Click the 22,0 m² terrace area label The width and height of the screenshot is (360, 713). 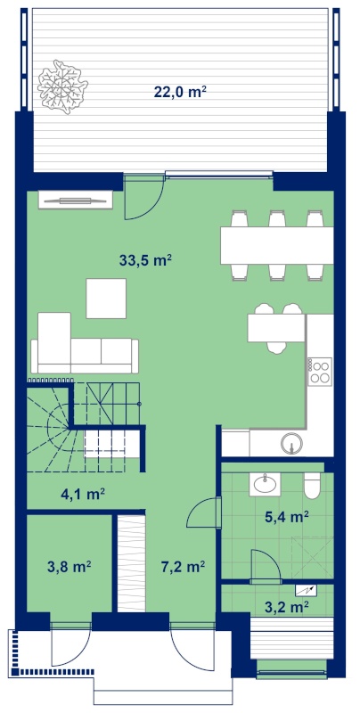[181, 92]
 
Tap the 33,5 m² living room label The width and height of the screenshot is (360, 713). [145, 260]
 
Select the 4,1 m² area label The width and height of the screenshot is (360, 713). [83, 494]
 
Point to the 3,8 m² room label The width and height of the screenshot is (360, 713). [70, 567]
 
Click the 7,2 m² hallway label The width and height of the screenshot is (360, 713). [184, 567]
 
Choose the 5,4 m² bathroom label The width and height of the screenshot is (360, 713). [287, 517]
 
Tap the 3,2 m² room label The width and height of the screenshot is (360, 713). [287, 605]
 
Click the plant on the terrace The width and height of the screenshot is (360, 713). [61, 86]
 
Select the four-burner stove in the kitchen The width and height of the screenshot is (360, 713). [320, 372]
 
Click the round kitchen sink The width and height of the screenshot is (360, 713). [291, 443]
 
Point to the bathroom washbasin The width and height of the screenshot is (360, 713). [265, 483]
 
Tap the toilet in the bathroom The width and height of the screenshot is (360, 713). [313, 485]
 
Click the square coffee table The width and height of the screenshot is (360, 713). [106, 299]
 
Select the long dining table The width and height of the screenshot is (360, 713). [277, 245]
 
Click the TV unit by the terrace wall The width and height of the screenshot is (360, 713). [76, 200]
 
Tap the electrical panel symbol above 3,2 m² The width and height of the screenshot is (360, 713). [306, 590]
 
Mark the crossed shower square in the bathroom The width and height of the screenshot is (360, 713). [312, 558]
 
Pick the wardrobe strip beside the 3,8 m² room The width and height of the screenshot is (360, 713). [132, 563]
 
